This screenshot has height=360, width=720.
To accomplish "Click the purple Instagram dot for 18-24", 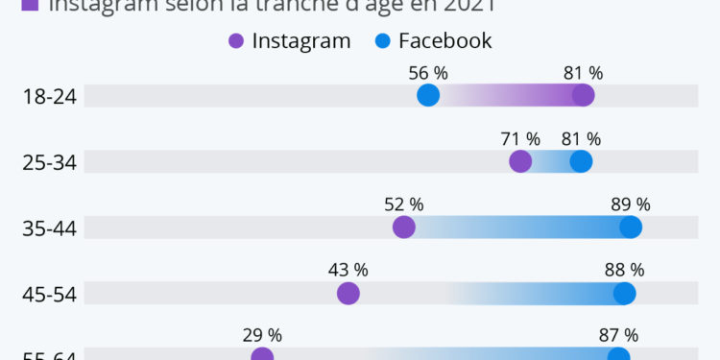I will (x=583, y=95).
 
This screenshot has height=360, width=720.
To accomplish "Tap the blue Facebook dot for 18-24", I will (x=428, y=95).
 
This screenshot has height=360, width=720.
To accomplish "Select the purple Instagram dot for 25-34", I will (x=520, y=161).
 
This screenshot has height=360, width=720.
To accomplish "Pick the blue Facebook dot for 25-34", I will (x=581, y=161).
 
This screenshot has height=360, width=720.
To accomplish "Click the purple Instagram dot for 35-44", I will (x=404, y=228).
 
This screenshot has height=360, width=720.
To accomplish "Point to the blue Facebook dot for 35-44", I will (x=631, y=228).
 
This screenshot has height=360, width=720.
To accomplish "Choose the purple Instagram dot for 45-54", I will (x=348, y=294).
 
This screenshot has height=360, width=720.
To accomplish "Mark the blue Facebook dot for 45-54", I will (x=625, y=294).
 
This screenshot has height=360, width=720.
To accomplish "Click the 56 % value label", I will (x=428, y=73).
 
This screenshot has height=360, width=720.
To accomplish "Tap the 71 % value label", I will (x=520, y=139).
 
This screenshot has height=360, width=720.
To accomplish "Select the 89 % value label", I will (x=631, y=204).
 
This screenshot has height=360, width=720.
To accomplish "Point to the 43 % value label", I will (x=348, y=271).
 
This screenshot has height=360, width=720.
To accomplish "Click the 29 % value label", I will (x=262, y=335).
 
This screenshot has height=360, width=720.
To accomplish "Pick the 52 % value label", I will (x=404, y=204).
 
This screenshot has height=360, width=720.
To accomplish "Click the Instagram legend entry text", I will (x=301, y=40).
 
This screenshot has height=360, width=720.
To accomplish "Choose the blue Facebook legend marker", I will (x=381, y=40).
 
